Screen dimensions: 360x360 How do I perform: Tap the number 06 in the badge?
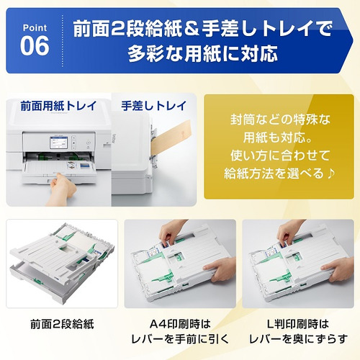[36, 45]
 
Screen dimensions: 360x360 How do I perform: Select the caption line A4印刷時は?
[179, 323]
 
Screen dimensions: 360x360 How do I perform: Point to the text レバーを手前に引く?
[179, 338]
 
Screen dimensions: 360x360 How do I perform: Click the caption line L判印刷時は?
[297, 323]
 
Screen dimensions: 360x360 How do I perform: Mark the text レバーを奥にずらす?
[297, 338]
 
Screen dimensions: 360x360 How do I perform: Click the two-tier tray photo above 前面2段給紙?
[61, 263]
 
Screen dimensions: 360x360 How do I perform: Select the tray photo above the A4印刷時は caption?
[179, 263]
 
